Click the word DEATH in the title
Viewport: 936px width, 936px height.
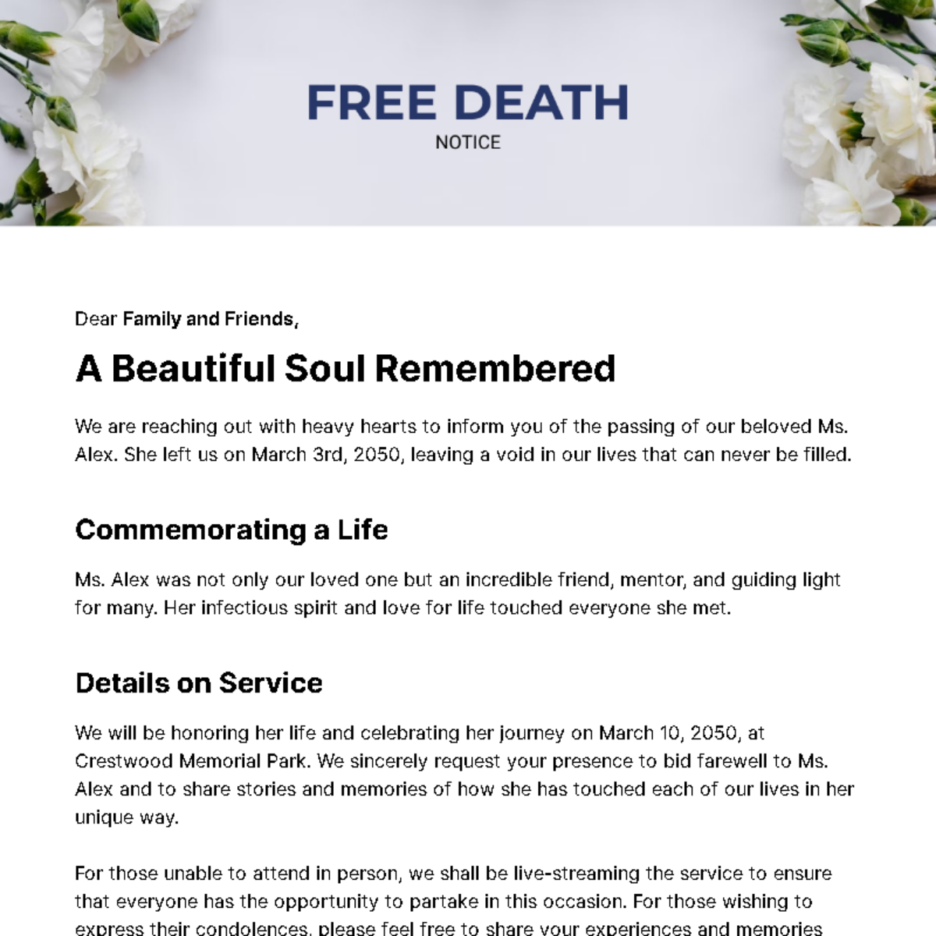(541, 103)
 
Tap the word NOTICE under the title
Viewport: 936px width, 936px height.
(468, 143)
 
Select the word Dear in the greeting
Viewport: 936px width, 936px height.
(96, 318)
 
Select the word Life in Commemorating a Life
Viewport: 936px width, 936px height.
(362, 530)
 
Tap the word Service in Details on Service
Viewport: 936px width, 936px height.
(271, 682)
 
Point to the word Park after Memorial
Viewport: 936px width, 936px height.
(287, 761)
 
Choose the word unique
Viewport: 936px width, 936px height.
(104, 817)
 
